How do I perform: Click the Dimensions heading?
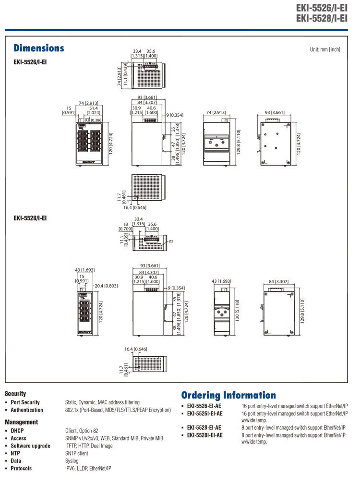39,48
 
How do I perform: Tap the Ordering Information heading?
228,395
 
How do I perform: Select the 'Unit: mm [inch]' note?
325,49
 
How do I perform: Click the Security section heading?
15,393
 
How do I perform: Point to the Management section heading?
21,422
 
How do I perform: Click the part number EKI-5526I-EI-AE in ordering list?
205,413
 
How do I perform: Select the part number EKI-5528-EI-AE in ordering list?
204,427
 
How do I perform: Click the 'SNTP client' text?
77,453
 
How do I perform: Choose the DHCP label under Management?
17,431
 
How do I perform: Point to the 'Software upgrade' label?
30,446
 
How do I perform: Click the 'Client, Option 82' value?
82,431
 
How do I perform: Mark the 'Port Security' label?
25,402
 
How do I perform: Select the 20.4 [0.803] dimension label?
106,286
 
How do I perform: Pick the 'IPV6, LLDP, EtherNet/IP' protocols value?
88,468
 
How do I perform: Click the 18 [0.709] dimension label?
125,226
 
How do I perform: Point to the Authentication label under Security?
27,410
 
